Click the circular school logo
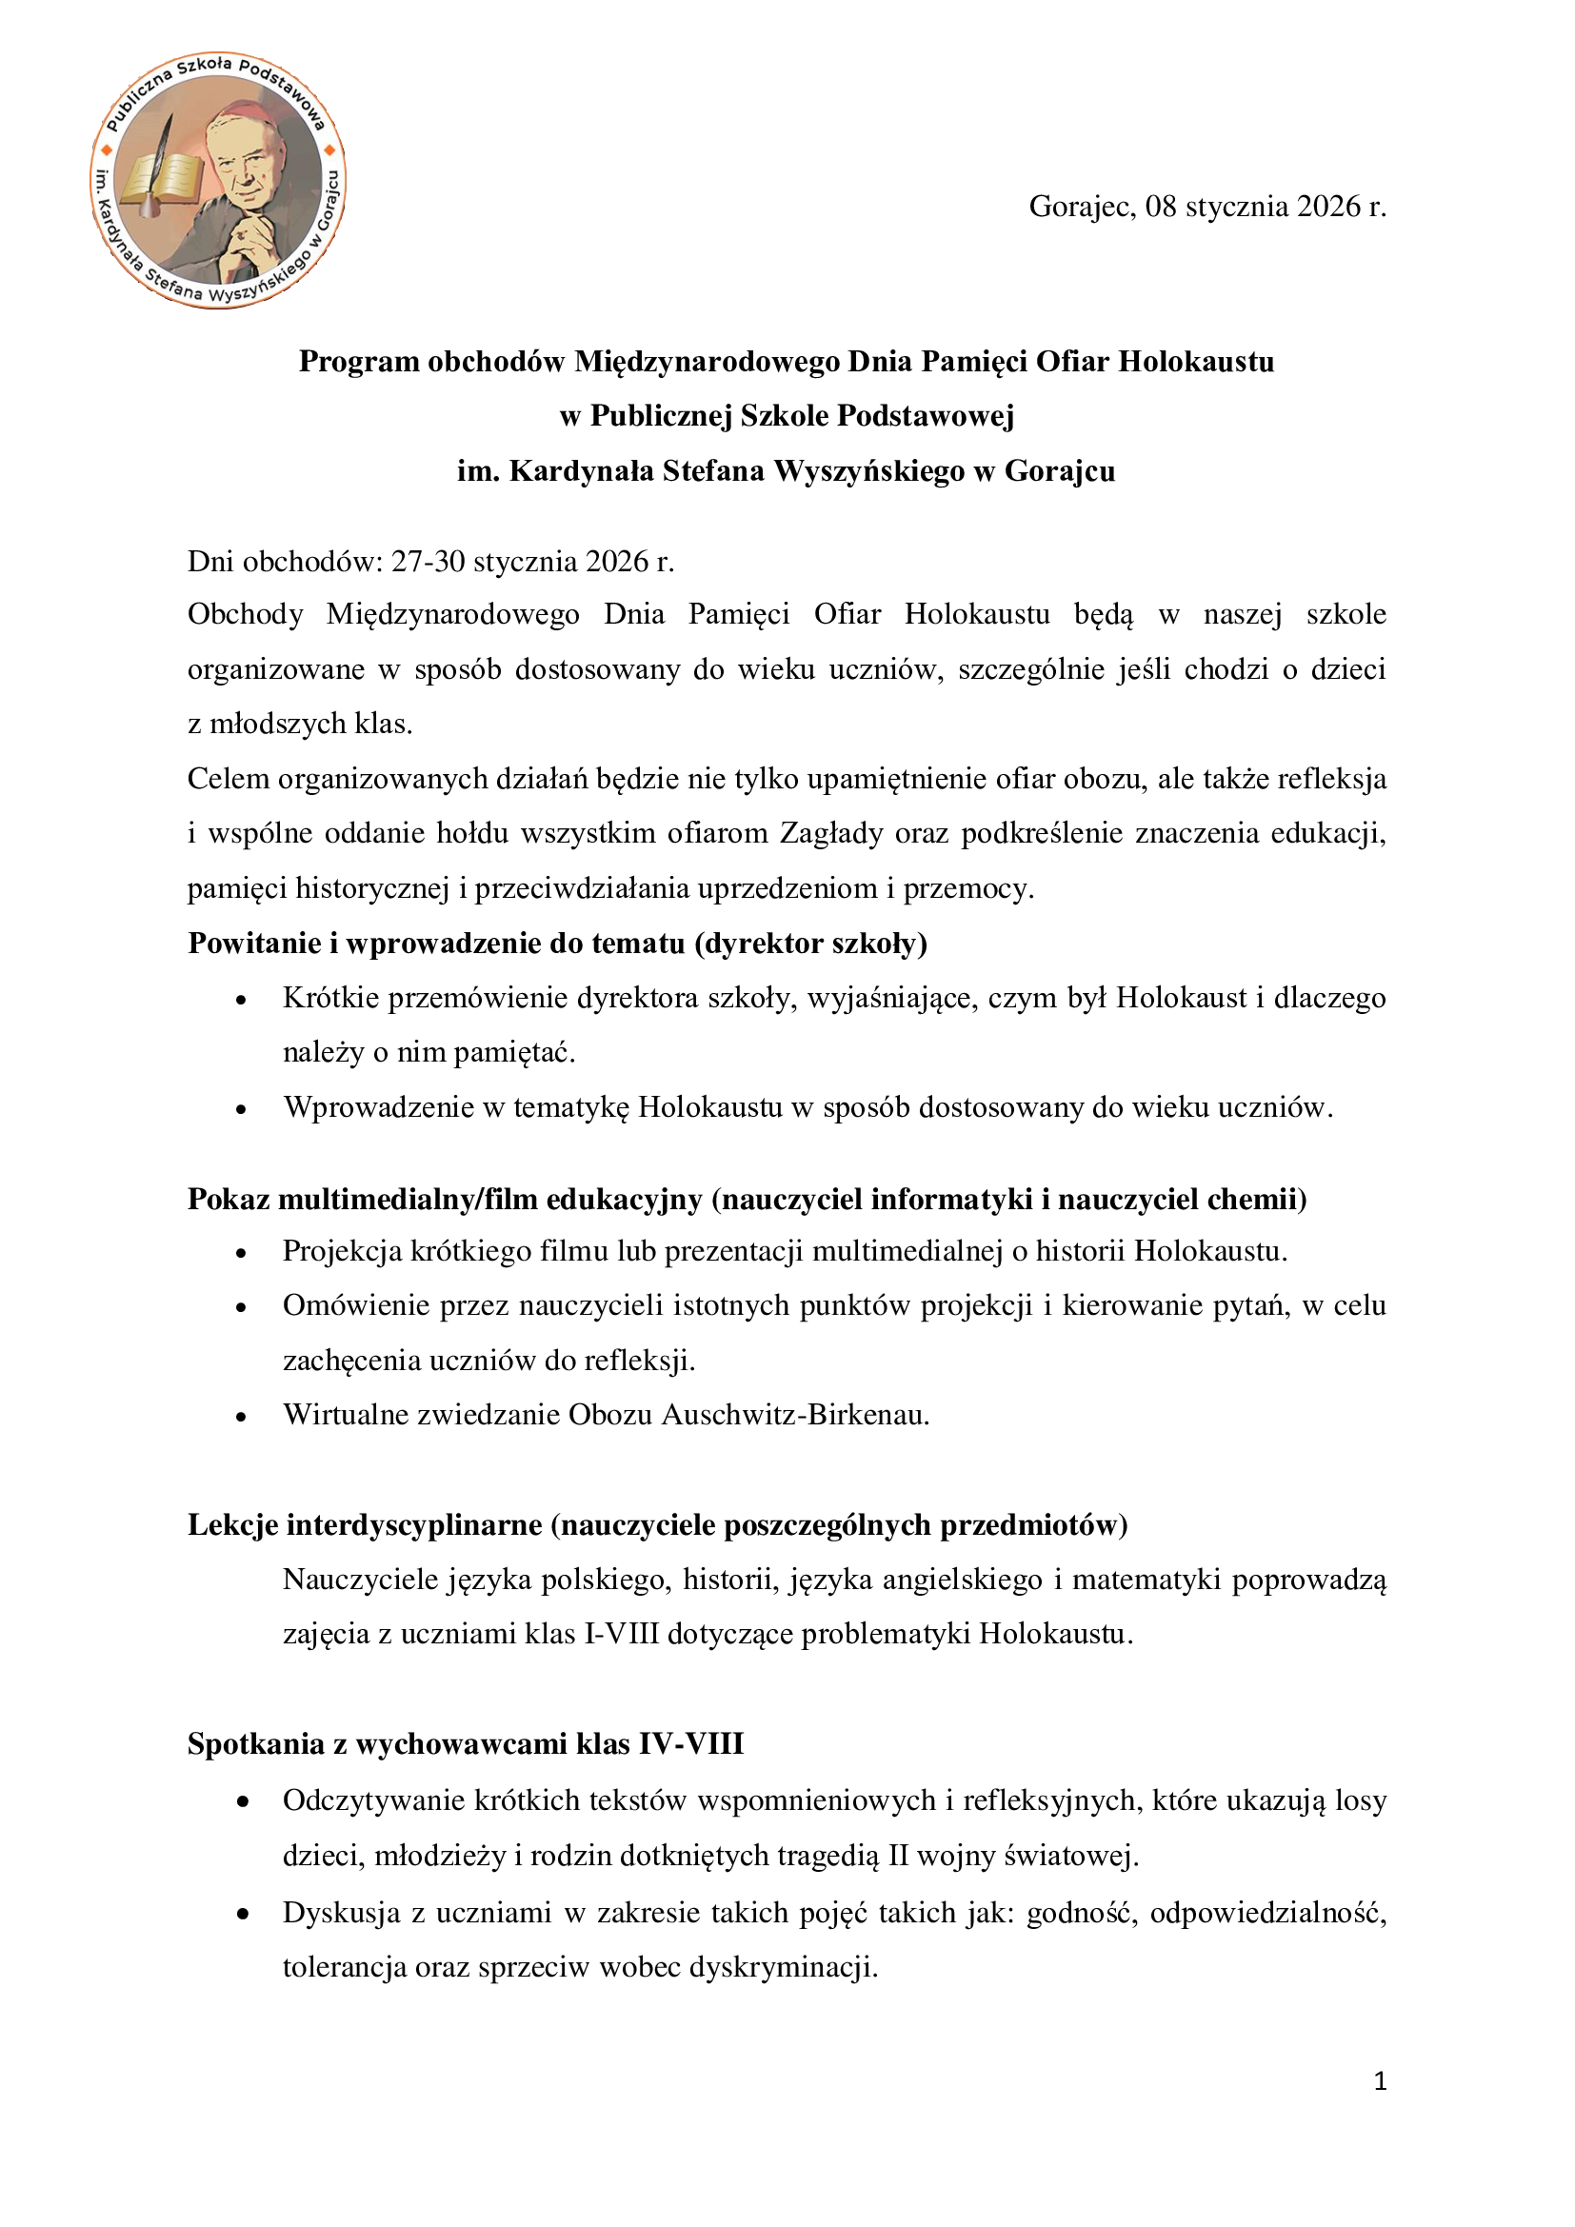pyautogui.click(x=218, y=180)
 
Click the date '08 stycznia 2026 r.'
pyautogui.click(x=1265, y=207)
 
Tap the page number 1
pyautogui.click(x=1380, y=2080)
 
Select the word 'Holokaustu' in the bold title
pyautogui.click(x=1196, y=362)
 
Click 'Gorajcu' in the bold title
pyautogui.click(x=1059, y=471)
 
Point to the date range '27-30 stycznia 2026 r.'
pyautogui.click(x=532, y=562)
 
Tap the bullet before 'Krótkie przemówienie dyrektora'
pyautogui.click(x=242, y=1000)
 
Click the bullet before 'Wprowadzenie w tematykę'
pyautogui.click(x=242, y=1109)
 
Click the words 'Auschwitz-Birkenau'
pyautogui.click(x=795, y=1415)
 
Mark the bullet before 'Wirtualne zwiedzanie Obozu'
pyautogui.click(x=242, y=1417)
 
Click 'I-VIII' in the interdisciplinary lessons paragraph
pyautogui.click(x=621, y=1635)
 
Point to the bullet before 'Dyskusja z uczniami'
pyautogui.click(x=242, y=1915)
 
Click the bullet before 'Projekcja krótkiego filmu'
pyautogui.click(x=242, y=1253)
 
